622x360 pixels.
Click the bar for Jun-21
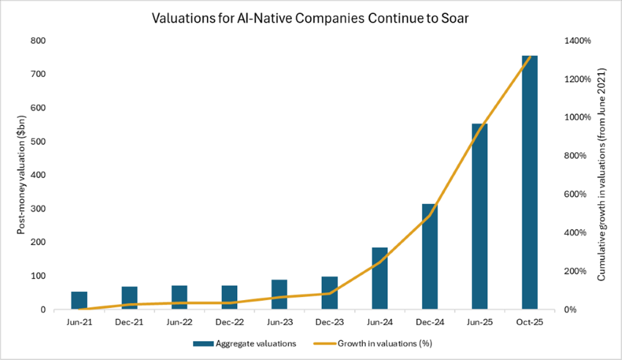(79, 300)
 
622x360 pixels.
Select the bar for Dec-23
(329, 293)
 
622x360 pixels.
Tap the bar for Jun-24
(379, 278)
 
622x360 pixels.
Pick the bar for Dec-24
(429, 256)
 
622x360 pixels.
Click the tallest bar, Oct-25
(529, 183)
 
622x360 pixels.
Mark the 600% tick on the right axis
(572, 195)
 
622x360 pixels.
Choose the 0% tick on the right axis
(569, 310)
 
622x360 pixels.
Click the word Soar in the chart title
(454, 18)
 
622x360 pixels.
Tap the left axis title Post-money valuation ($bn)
(21, 175)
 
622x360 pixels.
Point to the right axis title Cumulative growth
(602, 175)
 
